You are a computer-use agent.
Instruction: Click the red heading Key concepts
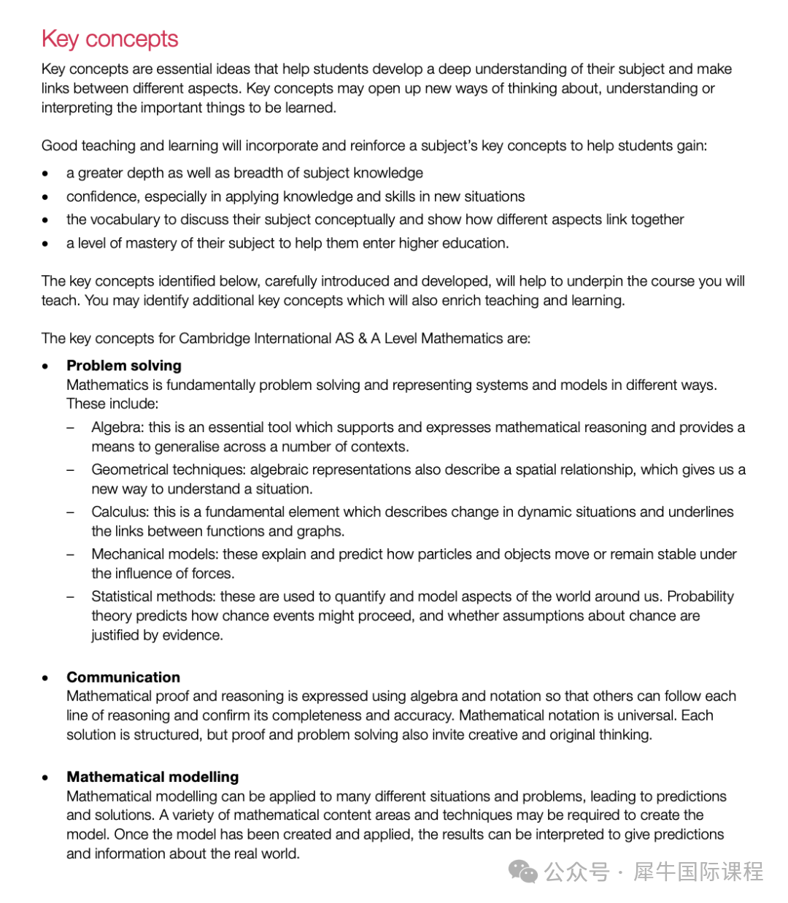tap(110, 39)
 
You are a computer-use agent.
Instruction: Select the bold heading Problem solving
tap(124, 366)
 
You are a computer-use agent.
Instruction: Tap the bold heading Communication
tap(123, 677)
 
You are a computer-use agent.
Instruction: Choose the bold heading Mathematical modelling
tap(152, 777)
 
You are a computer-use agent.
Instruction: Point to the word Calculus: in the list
tap(120, 512)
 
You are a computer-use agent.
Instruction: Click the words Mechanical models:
tap(155, 555)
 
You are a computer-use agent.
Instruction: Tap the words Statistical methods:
tap(153, 597)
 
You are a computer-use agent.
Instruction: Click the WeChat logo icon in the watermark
tap(523, 871)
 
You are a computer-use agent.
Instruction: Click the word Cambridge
tap(212, 339)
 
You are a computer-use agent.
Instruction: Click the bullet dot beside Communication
tap(46, 678)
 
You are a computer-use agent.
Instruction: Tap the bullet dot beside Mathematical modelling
tap(46, 777)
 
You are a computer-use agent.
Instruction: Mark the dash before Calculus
tap(71, 512)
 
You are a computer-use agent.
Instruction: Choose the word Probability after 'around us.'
tap(700, 597)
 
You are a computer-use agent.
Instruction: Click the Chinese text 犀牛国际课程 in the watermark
tap(698, 872)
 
